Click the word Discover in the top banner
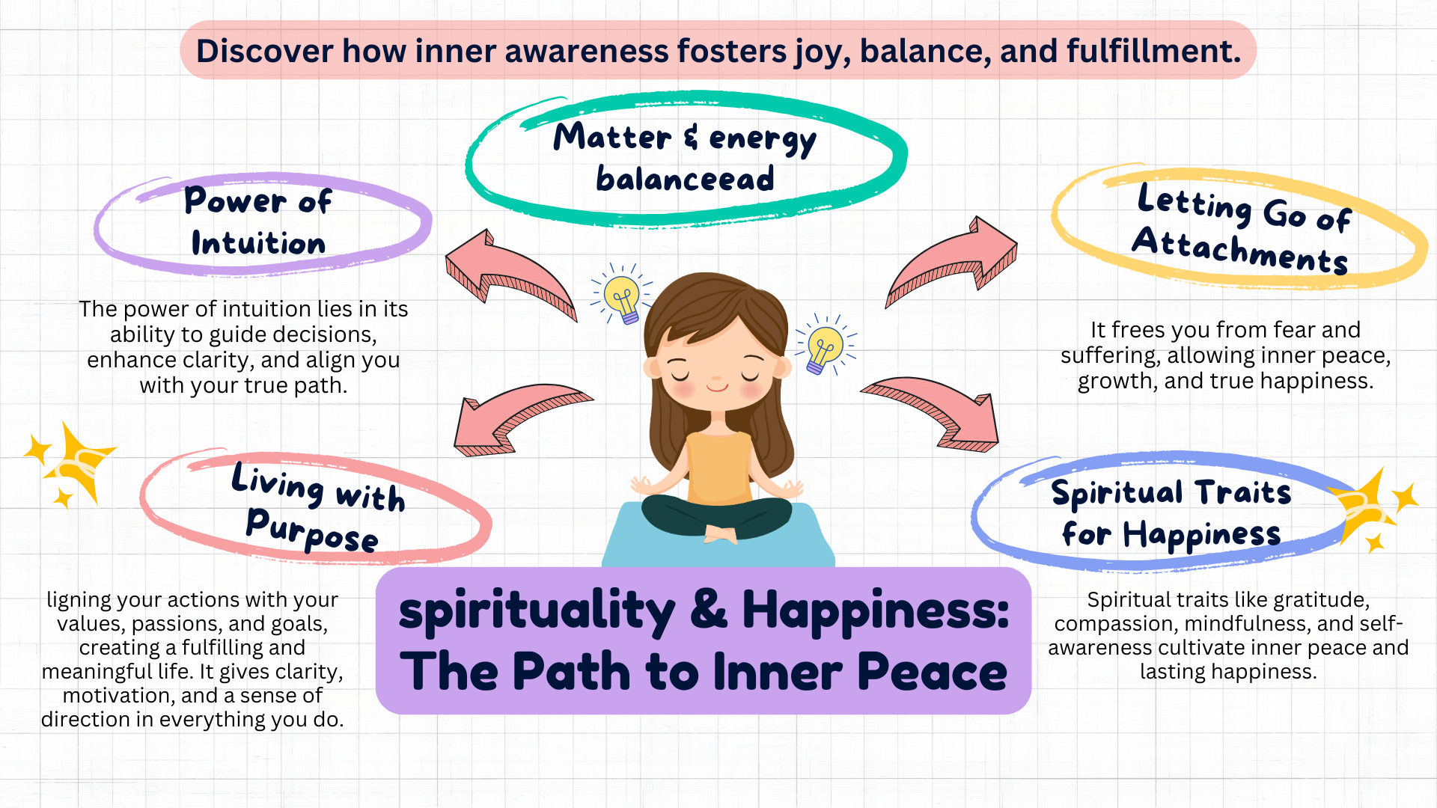[x=264, y=51]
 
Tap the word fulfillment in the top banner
[x=1153, y=51]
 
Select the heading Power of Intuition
[x=258, y=221]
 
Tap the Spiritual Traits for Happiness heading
[x=1171, y=512]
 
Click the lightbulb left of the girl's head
[x=622, y=296]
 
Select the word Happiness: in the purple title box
[x=875, y=610]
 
